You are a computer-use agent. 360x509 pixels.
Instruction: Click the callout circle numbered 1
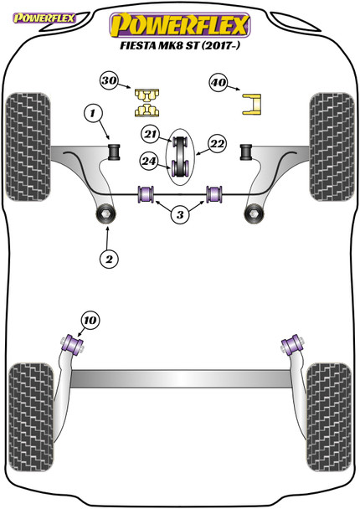(x=93, y=111)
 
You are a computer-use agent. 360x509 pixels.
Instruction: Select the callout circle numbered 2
(x=108, y=259)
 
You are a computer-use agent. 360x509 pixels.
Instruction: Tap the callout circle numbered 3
(x=179, y=215)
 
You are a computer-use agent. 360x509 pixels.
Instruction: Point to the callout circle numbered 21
(x=150, y=135)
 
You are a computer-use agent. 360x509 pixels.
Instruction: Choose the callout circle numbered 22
(x=218, y=144)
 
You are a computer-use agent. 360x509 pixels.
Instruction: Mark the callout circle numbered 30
(x=109, y=81)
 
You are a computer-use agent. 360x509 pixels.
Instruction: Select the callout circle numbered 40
(x=219, y=83)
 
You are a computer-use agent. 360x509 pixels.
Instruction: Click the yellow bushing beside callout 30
(x=148, y=101)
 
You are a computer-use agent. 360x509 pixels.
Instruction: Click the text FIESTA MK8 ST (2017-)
(x=179, y=47)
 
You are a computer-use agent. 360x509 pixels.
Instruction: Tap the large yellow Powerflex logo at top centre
(x=179, y=22)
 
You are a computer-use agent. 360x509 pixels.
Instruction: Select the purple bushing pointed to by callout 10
(x=73, y=344)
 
